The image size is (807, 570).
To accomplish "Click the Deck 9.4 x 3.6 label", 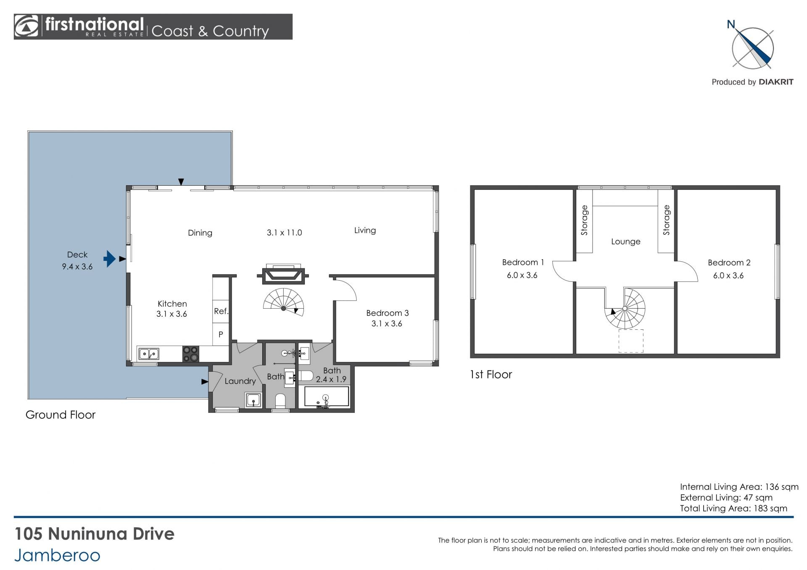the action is (77, 260).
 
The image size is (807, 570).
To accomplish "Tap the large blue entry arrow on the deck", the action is (109, 259).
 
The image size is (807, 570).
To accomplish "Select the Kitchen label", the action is (172, 304).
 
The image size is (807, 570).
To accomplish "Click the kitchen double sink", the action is (149, 354).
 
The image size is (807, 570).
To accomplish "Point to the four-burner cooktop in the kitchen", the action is (190, 354).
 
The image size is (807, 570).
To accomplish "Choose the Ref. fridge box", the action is (221, 311).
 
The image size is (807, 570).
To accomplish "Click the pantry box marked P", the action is (221, 334).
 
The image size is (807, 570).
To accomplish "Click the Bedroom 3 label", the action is (387, 313).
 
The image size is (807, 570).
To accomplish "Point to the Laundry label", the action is (240, 381).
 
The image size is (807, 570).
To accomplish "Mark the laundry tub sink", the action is (253, 400).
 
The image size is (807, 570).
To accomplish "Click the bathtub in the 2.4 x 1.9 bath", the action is (327, 397).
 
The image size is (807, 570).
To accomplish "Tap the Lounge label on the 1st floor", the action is (625, 242).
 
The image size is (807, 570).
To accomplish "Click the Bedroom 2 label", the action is (729, 263).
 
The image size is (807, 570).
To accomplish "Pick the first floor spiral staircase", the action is (625, 309).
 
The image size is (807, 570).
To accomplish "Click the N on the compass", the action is (731, 24).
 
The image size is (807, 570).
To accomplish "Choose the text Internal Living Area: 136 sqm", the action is (739, 487).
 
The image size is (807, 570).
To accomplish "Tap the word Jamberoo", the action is (57, 555).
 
